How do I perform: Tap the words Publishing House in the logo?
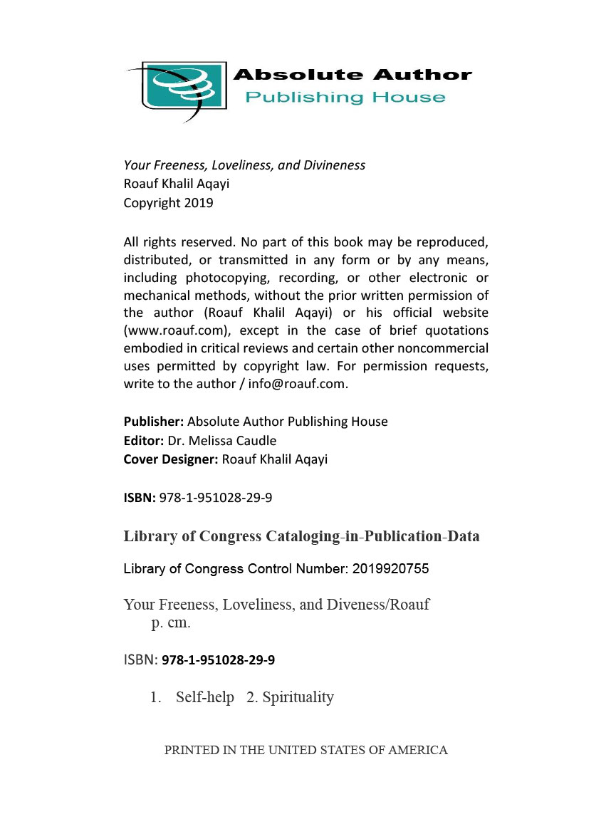point(345,97)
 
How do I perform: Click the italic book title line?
point(244,165)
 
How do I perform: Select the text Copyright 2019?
point(168,202)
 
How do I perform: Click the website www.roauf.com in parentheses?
point(177,330)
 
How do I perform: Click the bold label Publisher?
point(154,422)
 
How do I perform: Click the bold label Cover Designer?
point(171,459)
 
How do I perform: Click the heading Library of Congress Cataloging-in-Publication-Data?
point(301,536)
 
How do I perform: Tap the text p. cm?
point(171,624)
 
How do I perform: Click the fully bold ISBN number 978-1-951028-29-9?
point(219,660)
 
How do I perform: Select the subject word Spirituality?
point(298,697)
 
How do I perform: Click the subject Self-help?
point(205,697)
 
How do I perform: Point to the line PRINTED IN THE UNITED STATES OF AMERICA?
point(305,750)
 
